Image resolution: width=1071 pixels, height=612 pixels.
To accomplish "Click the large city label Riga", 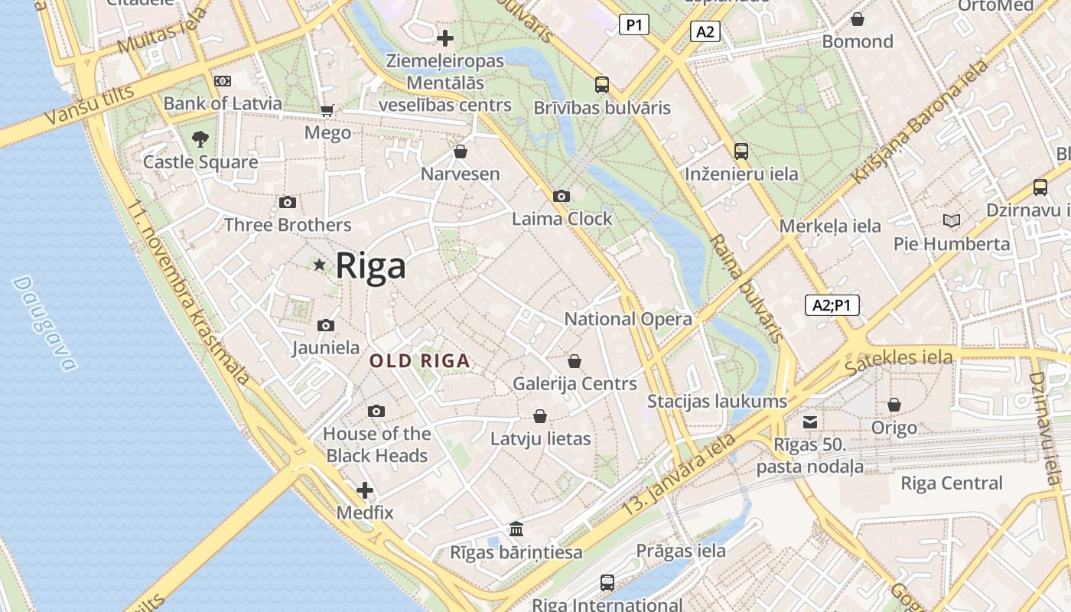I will tap(370, 266).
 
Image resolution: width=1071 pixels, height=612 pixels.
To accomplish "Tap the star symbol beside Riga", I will tap(320, 265).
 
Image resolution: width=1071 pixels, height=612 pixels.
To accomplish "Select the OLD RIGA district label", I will tap(419, 361).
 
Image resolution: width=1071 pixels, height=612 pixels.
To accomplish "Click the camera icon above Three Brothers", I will tap(288, 203).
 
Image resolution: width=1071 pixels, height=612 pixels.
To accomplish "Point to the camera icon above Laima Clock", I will tap(562, 197).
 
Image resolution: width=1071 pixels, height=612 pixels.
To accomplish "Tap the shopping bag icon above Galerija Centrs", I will tap(575, 361).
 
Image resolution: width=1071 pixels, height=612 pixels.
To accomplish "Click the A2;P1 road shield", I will tap(832, 305).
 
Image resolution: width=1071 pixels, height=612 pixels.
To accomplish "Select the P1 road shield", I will tap(633, 25).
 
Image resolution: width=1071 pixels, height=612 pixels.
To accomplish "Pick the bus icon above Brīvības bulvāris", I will tap(602, 85).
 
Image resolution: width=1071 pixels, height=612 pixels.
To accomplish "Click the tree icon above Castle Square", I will tap(200, 139).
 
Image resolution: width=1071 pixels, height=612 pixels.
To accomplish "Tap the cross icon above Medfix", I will tap(365, 490).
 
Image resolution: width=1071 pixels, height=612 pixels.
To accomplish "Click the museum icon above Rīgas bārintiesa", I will tap(516, 529).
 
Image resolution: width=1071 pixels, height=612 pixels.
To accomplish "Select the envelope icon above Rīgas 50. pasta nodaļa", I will tap(810, 422).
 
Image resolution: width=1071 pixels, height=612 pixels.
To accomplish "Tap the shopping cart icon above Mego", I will tap(327, 111).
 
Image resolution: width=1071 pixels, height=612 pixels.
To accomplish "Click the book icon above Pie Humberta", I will tap(952, 221).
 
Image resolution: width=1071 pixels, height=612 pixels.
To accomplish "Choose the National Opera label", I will tap(628, 319).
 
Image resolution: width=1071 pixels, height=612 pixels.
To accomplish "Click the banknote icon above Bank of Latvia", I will tap(223, 81).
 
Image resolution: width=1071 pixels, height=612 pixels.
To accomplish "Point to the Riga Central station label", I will tap(951, 483).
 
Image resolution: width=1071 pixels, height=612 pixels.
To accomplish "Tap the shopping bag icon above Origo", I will tap(894, 405).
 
